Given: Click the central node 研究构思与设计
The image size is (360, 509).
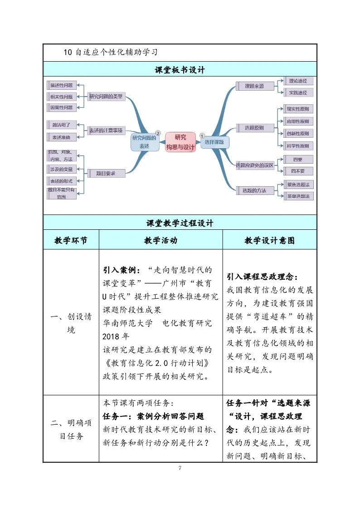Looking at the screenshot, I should [x=180, y=142].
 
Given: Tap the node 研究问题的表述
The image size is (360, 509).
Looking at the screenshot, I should [x=144, y=142].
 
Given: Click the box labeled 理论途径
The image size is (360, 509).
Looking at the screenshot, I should [x=298, y=81].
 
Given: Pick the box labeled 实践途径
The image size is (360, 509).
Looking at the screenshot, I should [x=298, y=92].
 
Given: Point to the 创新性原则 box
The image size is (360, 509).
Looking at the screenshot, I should [x=297, y=134].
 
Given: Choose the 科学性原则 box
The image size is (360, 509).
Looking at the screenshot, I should [x=297, y=146].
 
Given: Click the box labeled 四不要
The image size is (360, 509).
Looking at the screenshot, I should [x=297, y=171].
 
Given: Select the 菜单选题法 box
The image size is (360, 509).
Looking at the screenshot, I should [x=298, y=196].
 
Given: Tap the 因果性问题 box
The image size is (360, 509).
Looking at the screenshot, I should [x=62, y=108].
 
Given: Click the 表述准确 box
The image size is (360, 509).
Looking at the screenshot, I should [x=62, y=137].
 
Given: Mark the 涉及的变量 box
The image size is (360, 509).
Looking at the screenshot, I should [x=62, y=169].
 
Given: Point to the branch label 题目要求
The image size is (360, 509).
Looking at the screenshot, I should [x=106, y=173].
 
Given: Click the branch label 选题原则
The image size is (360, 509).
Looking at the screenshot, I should [x=254, y=128].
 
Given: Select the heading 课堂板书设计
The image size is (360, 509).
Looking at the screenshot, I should [x=180, y=70].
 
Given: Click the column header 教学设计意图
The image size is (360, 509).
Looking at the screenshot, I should [x=269, y=240].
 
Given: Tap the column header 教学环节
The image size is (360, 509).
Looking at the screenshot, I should [x=71, y=240].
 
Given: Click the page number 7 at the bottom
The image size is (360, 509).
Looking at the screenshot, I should [x=180, y=468].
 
